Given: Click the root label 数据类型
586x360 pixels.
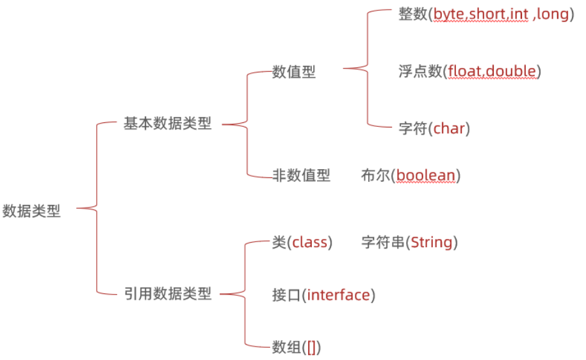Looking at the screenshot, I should [31, 211].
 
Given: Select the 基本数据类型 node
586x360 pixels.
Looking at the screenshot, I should [167, 124].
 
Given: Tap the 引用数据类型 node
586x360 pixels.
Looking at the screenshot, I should [167, 295].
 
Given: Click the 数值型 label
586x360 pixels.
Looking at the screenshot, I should [294, 72].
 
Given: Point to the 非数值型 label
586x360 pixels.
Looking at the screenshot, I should [301, 175].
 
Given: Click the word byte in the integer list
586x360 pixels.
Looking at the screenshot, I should [450, 14].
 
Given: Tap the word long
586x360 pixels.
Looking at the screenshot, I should [552, 14].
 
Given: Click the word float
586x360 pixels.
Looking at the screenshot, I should [466, 71].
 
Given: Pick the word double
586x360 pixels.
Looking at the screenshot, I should [511, 71].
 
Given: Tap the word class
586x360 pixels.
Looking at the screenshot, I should [310, 243].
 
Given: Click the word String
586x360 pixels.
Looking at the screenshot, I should [432, 243].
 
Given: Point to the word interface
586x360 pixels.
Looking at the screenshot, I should [338, 295].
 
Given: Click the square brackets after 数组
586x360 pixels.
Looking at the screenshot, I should [311, 347].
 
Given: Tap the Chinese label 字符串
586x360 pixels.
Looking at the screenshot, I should [383, 243].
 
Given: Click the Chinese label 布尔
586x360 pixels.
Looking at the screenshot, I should [375, 175].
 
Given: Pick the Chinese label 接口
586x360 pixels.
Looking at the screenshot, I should [286, 295].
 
